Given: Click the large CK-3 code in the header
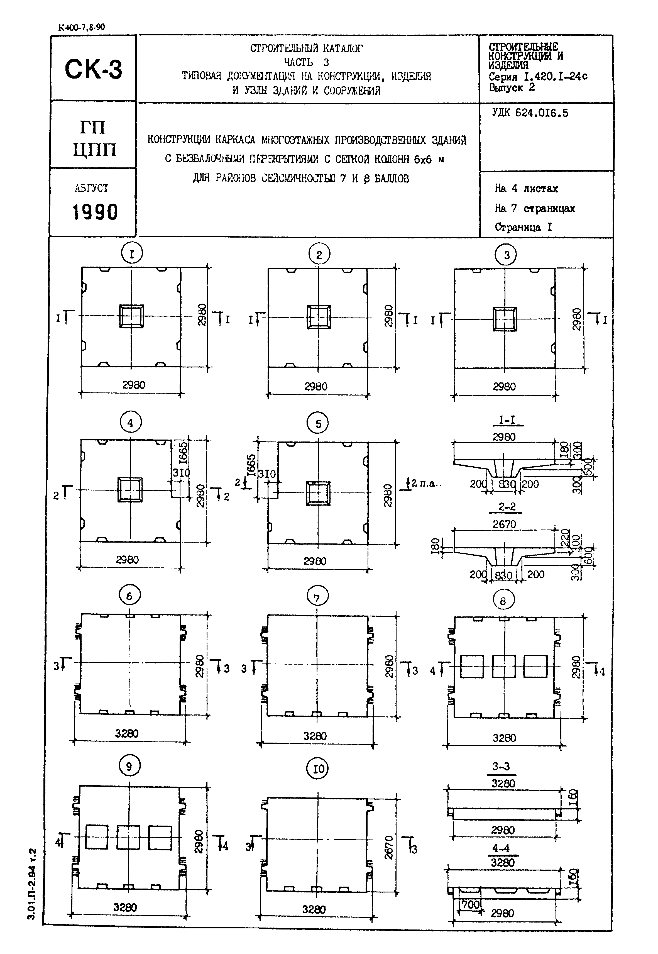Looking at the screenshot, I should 94,69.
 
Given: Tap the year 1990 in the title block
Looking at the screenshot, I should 95,212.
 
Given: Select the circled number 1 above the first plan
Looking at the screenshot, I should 132,253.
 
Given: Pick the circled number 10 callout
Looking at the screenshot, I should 318,768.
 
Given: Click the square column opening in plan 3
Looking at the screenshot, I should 505,319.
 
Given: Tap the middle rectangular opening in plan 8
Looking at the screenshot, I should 504,667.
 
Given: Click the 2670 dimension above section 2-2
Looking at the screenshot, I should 504,524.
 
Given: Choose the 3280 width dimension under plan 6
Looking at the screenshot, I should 127,733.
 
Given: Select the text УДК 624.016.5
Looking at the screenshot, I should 530,113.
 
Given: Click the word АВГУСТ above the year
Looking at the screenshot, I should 92,188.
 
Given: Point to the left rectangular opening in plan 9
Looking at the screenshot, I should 97,837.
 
